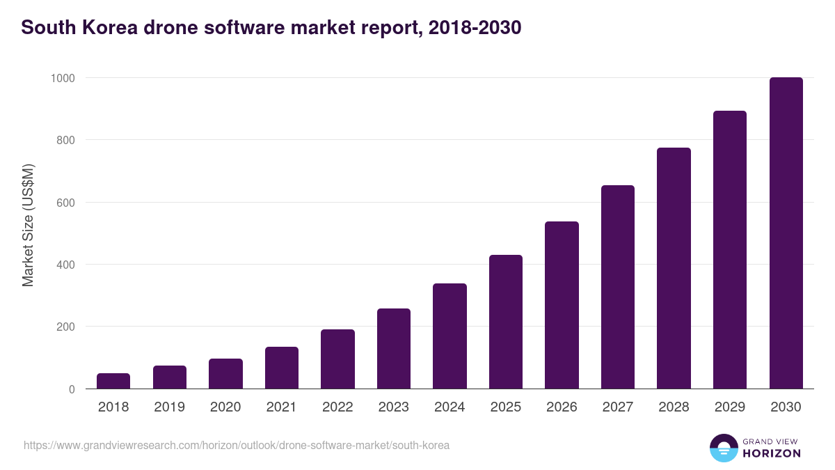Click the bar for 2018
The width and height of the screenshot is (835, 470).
pos(113,381)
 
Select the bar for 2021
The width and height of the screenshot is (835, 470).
pos(282,368)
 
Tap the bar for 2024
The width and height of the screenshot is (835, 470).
pos(450,336)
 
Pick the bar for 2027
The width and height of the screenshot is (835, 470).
pos(618,287)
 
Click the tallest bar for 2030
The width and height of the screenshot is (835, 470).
pos(786,233)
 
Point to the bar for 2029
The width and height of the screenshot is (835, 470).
pos(730,250)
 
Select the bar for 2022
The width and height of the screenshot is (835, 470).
pos(337,359)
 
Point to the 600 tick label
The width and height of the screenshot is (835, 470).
pos(65,203)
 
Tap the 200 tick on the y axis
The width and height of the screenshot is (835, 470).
pos(65,327)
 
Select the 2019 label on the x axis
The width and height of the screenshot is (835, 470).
pos(169,407)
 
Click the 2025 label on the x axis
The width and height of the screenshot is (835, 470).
pos(505,407)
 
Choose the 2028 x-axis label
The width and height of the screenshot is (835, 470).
pos(674,407)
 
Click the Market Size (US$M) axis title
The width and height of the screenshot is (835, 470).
pos(28,225)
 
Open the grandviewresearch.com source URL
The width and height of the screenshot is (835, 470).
pos(237,445)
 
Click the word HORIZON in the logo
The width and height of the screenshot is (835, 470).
pos(772,453)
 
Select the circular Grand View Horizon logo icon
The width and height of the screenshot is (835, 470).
pos(724,448)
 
